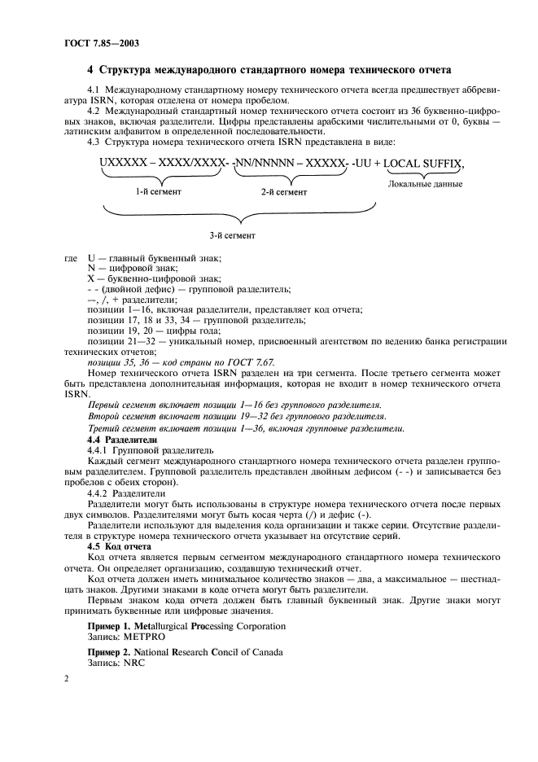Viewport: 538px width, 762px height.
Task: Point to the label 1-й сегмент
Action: (x=158, y=192)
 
